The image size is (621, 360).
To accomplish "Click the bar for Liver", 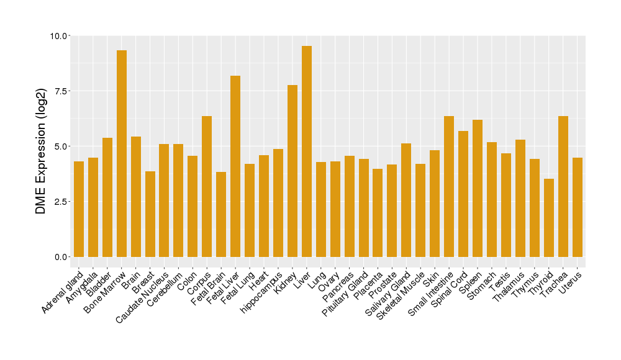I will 307,151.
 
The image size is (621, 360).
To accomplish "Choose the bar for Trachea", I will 563,186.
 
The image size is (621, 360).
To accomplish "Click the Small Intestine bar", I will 449,186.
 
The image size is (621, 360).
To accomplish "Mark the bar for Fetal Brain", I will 221,214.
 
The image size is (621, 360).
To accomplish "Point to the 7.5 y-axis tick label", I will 61,91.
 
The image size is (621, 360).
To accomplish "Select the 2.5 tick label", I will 61,202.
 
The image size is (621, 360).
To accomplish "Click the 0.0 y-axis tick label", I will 61,257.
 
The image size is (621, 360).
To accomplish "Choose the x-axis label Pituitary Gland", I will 347,294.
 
